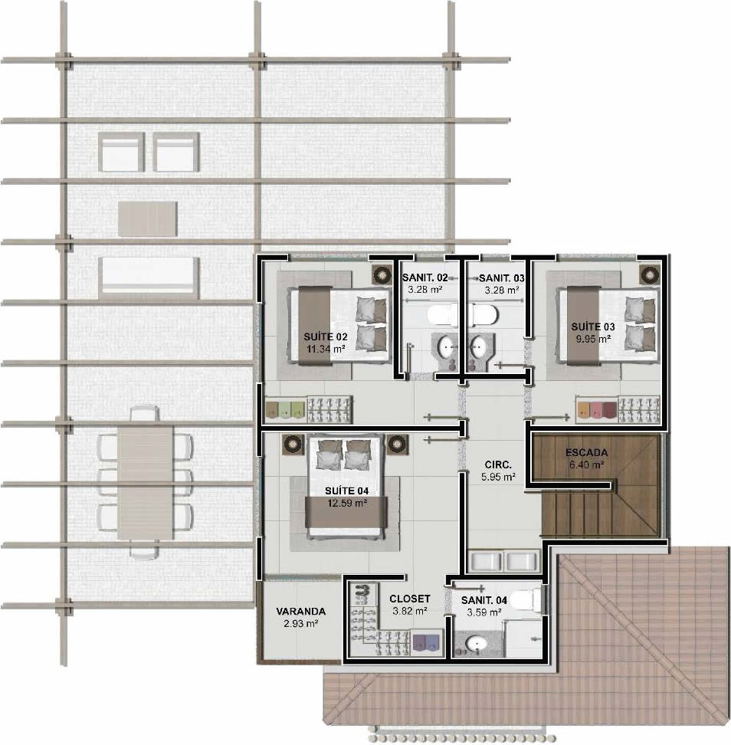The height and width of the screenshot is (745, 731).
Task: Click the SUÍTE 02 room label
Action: [x=326, y=337]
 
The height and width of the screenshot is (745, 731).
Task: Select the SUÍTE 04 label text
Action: [x=347, y=491]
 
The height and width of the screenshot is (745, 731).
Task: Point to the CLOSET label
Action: [x=409, y=599]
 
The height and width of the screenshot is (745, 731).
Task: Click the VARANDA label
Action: [x=300, y=612]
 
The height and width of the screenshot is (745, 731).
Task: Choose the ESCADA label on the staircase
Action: [x=587, y=453]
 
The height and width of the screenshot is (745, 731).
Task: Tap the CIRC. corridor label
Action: [x=498, y=464]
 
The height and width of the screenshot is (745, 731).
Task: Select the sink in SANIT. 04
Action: [x=475, y=644]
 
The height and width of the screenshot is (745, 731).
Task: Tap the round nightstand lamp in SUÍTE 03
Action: [x=649, y=274]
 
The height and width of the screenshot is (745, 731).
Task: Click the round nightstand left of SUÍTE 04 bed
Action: [x=293, y=445]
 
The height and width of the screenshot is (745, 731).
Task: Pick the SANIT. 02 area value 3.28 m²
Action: [x=425, y=290]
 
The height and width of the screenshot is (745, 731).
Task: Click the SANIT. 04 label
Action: [x=484, y=601]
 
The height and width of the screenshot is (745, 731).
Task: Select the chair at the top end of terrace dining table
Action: [x=145, y=413]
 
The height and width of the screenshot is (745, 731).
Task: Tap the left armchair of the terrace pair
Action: [x=121, y=152]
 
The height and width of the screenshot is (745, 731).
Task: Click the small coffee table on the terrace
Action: [x=148, y=218]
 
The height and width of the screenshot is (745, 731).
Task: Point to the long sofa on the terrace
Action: [x=149, y=278]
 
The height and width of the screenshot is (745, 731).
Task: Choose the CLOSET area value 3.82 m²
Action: [x=410, y=611]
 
